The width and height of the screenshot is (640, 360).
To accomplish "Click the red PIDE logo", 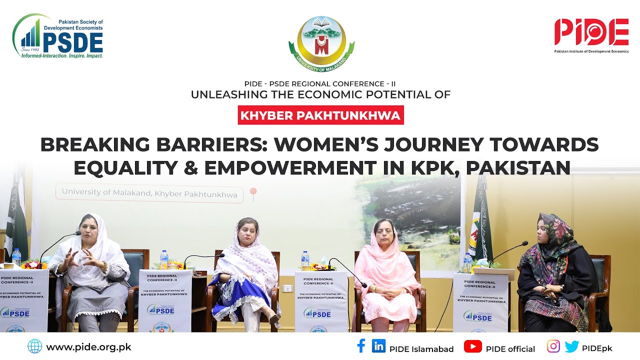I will coord(591,33).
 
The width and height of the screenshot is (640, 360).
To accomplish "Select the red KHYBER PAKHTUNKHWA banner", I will coord(320,116).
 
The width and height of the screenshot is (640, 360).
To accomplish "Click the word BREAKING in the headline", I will coord(95,144).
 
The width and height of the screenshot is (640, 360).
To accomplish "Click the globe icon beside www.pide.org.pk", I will coord(35,346).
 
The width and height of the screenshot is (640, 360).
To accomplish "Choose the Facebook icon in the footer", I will coord(361,346).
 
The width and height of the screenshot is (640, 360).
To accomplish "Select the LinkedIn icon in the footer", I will coord(378,346).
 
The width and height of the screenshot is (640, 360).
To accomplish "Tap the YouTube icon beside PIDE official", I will coord(472,346).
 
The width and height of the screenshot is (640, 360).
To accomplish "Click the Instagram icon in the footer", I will coord(553,346).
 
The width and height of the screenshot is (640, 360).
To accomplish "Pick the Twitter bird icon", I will coord(571,346).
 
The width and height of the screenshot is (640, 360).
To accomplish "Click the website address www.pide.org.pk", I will coord(88,347).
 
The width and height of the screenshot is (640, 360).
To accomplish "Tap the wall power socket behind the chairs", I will coord(287,288).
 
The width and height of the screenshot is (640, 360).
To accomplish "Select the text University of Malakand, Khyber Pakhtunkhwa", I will coord(149,193).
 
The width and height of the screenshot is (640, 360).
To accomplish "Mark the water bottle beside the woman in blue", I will coord(164,260).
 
